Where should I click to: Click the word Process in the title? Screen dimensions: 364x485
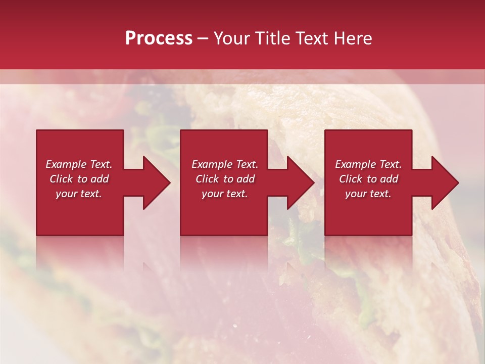[159, 38]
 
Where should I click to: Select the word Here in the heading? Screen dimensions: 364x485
[352, 38]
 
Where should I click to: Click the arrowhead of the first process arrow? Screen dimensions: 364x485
[157, 183]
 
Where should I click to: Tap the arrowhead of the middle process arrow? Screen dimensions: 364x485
[301, 183]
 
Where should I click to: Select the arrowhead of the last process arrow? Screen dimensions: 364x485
[445, 183]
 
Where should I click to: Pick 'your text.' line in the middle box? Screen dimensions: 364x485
[224, 194]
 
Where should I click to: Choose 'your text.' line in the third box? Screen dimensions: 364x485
[368, 194]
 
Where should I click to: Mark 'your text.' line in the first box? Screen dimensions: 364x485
[78, 194]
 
